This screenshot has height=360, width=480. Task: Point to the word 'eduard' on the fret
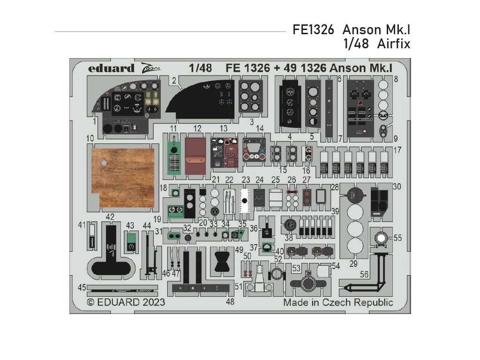point(111,68)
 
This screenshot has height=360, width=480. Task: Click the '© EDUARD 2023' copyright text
point(126,302)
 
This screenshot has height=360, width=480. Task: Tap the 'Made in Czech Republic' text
point(337,302)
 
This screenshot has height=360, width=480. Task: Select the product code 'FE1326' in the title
point(314,30)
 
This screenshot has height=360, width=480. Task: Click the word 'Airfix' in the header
point(396,44)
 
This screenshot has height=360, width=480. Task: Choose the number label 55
point(397,238)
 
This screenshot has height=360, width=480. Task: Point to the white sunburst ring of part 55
point(382,238)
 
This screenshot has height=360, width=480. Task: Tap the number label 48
point(230,302)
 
